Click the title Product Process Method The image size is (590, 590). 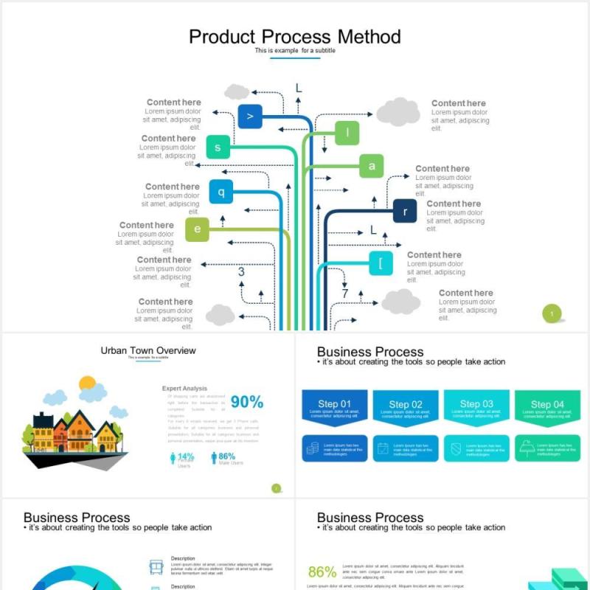click(295, 37)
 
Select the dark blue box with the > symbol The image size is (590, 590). click(250, 117)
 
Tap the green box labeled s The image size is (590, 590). click(218, 147)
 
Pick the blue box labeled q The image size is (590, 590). click(221, 192)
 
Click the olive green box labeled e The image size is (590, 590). click(197, 229)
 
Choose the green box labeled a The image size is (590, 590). click(372, 166)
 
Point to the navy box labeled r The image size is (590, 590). click(405, 212)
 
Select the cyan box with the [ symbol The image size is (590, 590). click(381, 263)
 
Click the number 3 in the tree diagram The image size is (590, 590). click(241, 272)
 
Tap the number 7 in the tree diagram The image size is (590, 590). click(344, 294)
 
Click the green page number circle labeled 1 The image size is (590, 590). click(552, 313)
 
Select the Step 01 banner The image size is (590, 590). click(335, 408)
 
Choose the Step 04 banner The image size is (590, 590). click(548, 408)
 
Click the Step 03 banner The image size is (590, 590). click(477, 408)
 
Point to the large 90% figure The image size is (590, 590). click(246, 402)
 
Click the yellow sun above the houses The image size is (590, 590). click(88, 383)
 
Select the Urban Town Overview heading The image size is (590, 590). click(148, 350)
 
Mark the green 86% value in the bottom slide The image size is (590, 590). click(322, 572)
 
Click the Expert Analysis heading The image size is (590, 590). click(184, 388)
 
